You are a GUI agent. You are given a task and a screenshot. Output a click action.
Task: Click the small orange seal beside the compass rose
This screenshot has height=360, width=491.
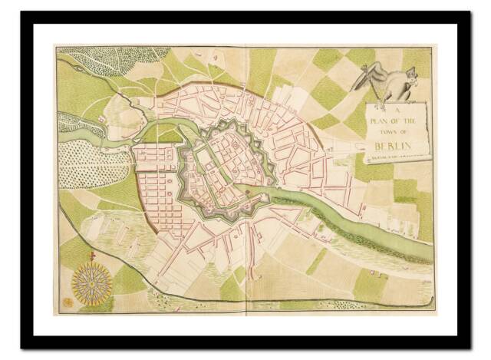click(66, 302)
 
